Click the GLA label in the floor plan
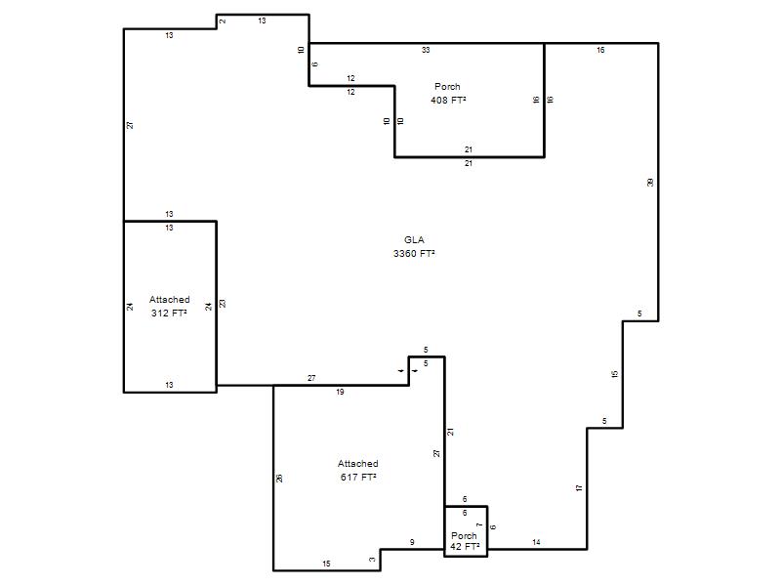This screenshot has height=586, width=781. coord(414,239)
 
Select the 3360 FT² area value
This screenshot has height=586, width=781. coord(414,253)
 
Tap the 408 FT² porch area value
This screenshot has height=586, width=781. coord(448,101)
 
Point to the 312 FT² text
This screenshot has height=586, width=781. coord(169,313)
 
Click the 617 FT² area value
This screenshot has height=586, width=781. coord(358,477)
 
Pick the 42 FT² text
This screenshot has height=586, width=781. coord(465,546)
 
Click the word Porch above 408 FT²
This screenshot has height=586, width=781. coord(447,87)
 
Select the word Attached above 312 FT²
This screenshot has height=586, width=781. coord(169,300)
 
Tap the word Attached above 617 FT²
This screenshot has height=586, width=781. coord(358,463)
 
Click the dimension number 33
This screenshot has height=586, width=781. coord(426,50)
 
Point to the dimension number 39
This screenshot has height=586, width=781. coord(650,183)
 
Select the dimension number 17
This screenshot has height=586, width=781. coord(579,487)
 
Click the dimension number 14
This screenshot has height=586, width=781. coord(536,542)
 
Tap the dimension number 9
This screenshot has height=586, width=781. coord(412,542)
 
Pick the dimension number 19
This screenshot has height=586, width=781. coord(340,392)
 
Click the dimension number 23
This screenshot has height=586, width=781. coord(223,303)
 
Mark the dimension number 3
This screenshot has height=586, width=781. coord(372,559)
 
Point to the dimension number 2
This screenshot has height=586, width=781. coord(223,21)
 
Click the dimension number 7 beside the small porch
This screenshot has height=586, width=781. coord(479,524)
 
